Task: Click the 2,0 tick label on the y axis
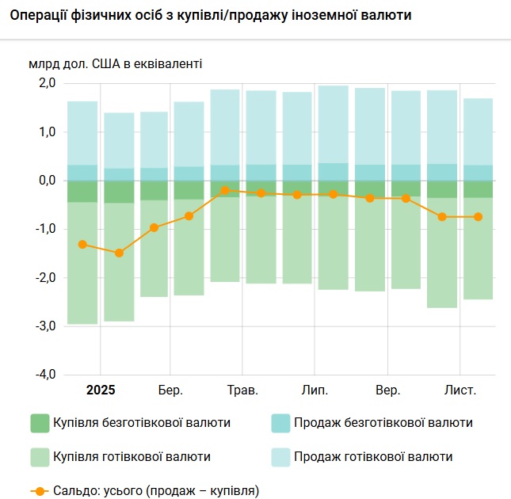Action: tap(46, 83)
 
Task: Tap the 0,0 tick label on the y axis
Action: tap(46, 181)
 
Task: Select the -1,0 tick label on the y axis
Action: tap(44, 229)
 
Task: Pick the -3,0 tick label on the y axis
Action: tap(44, 326)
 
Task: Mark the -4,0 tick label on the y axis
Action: tap(44, 374)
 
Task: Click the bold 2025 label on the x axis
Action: tap(101, 390)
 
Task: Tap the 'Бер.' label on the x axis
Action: tap(170, 390)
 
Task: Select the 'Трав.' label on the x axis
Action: tap(242, 390)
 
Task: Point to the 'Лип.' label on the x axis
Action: tap(315, 390)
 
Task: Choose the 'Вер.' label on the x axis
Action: tap(387, 390)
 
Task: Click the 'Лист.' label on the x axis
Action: tap(460, 390)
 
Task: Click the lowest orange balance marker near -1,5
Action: tap(119, 253)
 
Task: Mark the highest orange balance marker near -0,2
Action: tap(225, 190)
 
